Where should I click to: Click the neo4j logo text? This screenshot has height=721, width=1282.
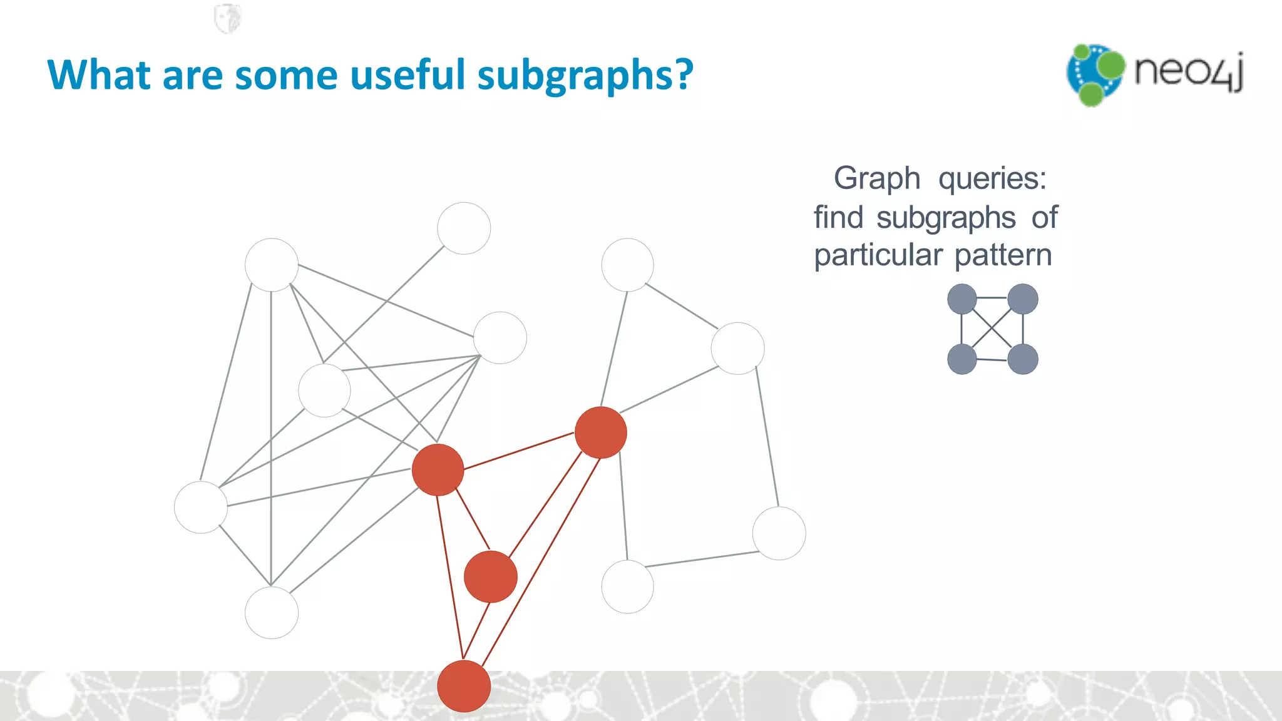point(1188,72)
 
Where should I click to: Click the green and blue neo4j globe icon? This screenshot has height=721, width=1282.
point(1095,74)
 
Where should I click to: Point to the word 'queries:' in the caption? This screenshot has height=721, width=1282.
point(992,179)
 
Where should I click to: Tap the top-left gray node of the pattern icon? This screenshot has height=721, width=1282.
point(962,299)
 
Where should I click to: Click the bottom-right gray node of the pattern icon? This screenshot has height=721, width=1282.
point(1023,359)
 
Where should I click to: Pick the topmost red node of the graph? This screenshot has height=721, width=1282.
point(601,432)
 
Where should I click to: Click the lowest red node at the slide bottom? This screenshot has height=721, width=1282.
point(464,686)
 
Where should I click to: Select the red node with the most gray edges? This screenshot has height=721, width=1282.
point(438,470)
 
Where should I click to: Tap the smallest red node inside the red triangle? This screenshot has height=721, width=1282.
point(491,576)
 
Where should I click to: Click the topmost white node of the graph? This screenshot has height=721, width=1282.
point(464,228)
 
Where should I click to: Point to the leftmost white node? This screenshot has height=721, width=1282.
point(201,507)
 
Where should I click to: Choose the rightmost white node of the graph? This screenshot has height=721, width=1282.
point(779,533)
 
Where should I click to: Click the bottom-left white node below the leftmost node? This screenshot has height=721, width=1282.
point(272,612)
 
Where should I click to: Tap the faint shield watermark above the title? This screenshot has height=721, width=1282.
point(227,18)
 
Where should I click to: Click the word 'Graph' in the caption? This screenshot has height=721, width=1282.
point(877,179)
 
